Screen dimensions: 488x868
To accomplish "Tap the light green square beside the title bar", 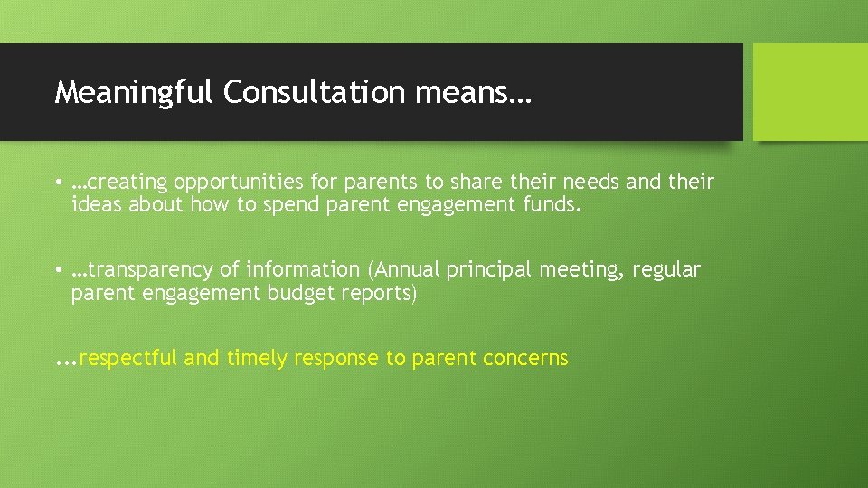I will pyautogui.click(x=810, y=92).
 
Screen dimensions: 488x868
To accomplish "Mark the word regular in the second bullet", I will pyautogui.click(x=666, y=270).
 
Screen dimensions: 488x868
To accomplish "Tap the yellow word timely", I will pyautogui.click(x=256, y=359).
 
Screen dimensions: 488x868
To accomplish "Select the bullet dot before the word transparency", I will pyautogui.click(x=58, y=270).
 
